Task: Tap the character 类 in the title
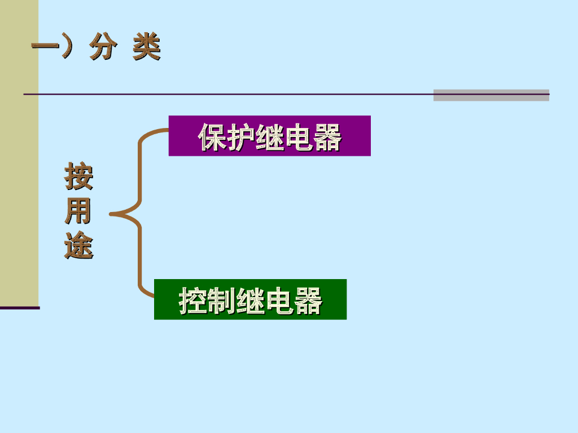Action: click(x=147, y=48)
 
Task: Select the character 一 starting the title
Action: click(x=45, y=48)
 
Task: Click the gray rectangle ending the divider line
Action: click(x=491, y=95)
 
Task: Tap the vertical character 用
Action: click(x=78, y=211)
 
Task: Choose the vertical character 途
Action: click(x=78, y=245)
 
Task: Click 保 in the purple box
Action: click(x=212, y=137)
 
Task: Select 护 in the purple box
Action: click(x=241, y=137)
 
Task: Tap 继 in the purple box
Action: click(x=270, y=137)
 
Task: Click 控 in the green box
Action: click(x=194, y=301)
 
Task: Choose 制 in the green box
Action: click(x=222, y=301)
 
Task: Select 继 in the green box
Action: click(x=251, y=301)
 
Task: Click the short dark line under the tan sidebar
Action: click(x=20, y=308)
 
